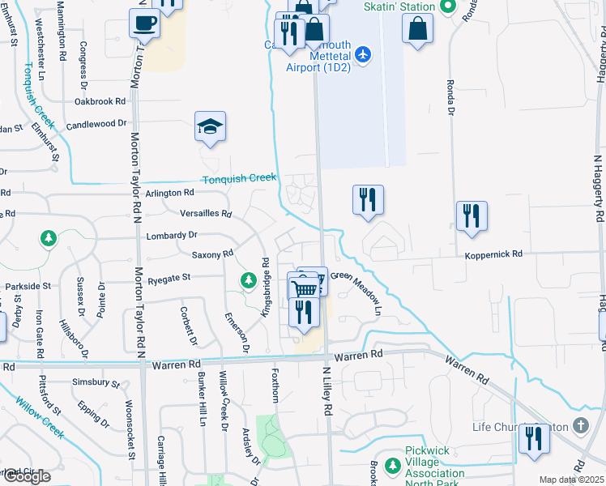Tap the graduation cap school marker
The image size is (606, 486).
(210, 127)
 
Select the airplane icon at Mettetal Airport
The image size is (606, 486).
(362, 54)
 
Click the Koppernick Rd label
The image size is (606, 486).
(493, 254)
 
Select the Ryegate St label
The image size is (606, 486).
(169, 277)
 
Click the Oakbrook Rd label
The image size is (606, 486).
(100, 101)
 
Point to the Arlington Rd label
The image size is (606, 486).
(170, 193)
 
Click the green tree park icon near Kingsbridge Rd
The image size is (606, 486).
(248, 280)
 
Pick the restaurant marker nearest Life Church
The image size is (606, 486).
(534, 438)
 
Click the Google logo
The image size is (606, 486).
(27, 476)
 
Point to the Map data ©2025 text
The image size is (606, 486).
(571, 480)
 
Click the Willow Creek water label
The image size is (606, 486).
(40, 416)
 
